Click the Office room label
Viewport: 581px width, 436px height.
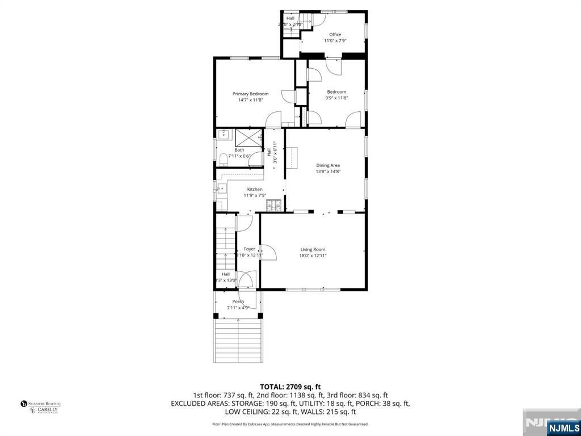[335, 35]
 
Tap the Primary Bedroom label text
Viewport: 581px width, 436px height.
[250, 94]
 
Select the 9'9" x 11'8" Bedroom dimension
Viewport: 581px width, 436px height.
[336, 98]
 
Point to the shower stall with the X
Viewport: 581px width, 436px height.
[248, 137]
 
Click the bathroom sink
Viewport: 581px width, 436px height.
[222, 135]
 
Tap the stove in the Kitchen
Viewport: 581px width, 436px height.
[274, 205]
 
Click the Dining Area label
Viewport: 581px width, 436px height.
[328, 165]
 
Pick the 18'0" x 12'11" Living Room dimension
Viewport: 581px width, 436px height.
[313, 255]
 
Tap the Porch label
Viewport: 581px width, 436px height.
[238, 301]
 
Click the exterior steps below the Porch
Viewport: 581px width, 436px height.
[238, 341]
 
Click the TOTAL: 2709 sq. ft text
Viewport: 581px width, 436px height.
[290, 387]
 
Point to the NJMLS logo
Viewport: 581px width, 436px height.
[563, 427]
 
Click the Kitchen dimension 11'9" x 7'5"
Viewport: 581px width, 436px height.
[255, 195]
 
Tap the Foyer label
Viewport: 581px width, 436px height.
[250, 249]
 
